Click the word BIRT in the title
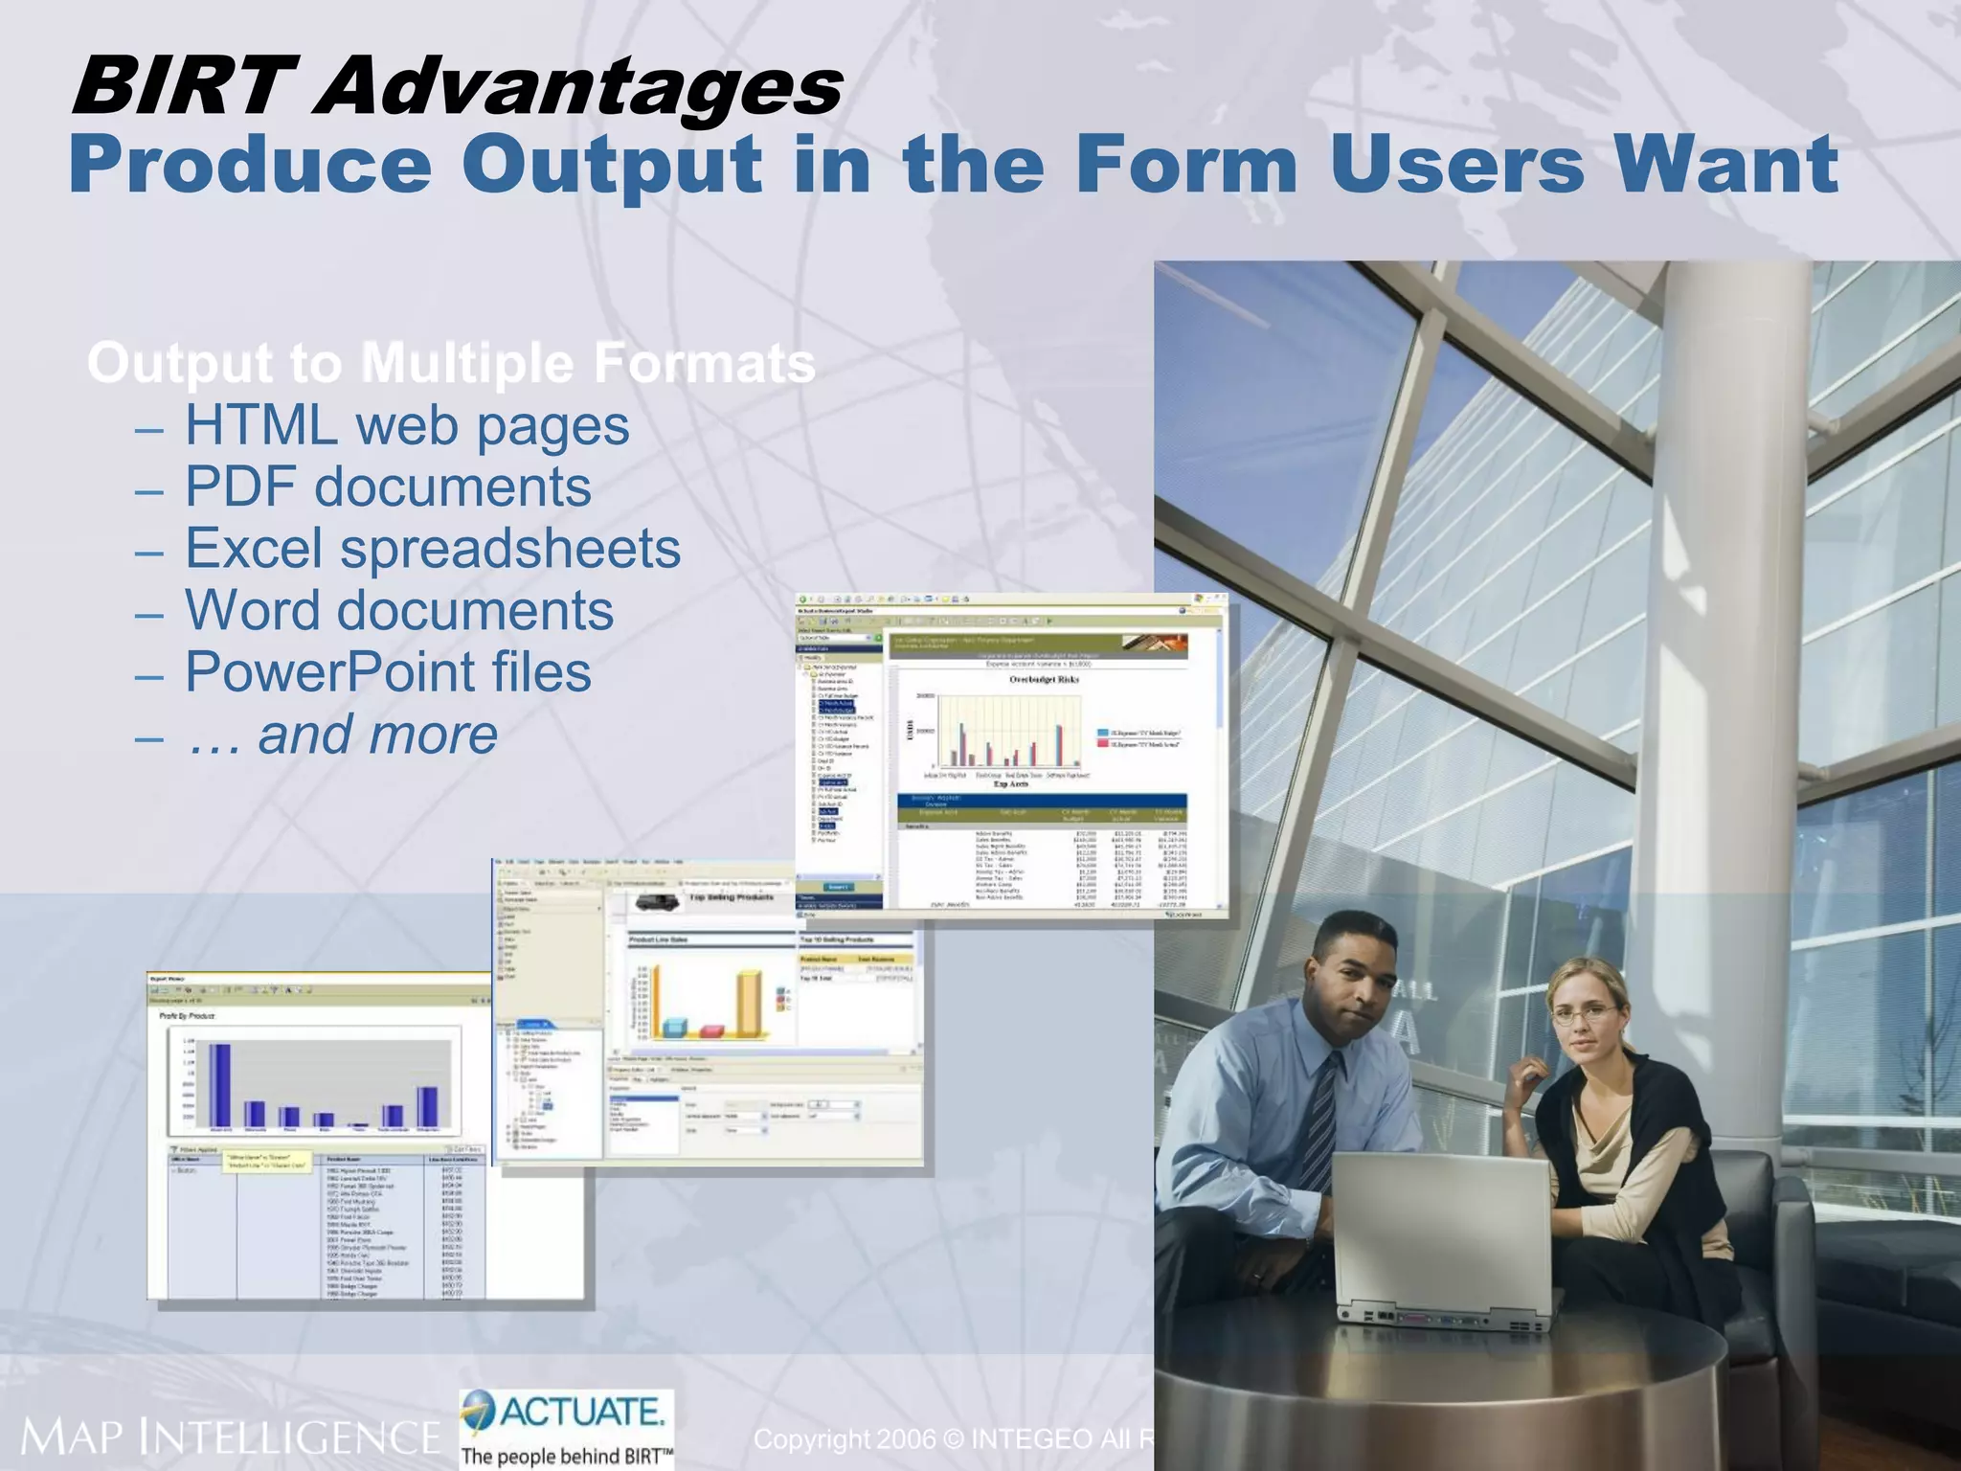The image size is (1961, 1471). pyautogui.click(x=182, y=86)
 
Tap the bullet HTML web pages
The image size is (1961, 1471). pyautogui.click(x=406, y=425)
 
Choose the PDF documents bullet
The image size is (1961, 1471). pyautogui.click(x=387, y=487)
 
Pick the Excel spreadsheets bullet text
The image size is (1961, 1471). pyautogui.click(x=432, y=549)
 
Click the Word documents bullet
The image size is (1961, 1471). pyautogui.click(x=398, y=610)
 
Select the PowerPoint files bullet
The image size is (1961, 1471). pyautogui.click(x=387, y=671)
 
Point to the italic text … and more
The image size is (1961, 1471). pyautogui.click(x=342, y=735)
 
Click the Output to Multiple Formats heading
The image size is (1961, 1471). pyautogui.click(x=450, y=363)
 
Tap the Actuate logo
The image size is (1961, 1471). pyautogui.click(x=567, y=1427)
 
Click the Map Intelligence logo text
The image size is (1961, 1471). pyautogui.click(x=230, y=1437)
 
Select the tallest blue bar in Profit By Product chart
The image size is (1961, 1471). pyautogui.click(x=220, y=1084)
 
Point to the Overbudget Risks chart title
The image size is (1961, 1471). pyautogui.click(x=1044, y=679)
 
